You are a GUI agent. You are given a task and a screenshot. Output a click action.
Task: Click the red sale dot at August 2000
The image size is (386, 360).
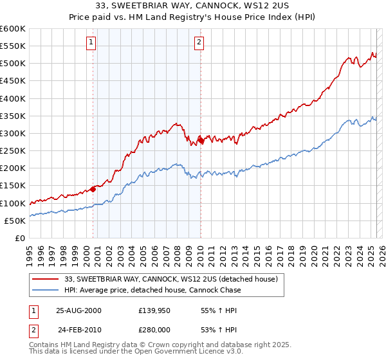coord(93,188)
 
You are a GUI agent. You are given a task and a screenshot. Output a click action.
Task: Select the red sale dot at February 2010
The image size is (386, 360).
coord(201,139)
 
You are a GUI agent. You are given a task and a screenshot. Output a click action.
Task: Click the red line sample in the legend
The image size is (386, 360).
coord(46,279)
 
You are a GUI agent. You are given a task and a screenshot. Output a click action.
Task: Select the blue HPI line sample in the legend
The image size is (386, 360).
coord(46,290)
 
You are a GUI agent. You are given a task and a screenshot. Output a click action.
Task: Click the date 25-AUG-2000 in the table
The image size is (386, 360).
coord(78,310)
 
